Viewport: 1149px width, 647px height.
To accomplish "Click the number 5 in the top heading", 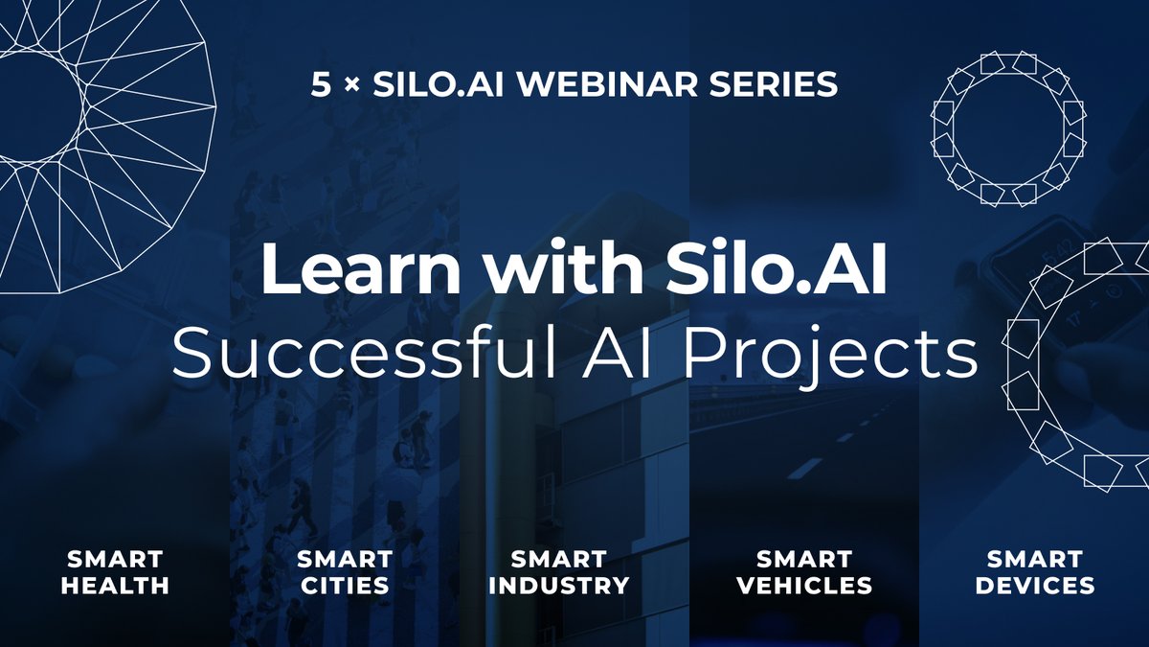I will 320,84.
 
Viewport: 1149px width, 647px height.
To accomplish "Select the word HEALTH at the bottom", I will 115,585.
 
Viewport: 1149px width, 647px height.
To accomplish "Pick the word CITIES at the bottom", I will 344,585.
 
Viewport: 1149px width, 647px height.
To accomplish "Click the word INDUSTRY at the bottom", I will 558,585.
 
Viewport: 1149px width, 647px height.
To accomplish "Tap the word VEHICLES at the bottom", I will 803,585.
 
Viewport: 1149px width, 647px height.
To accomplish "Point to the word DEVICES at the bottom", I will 1034,585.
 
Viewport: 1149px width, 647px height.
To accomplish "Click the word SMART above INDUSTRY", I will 558,558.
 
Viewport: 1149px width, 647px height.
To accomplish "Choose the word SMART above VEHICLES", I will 803,558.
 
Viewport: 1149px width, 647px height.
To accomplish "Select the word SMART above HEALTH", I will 115,558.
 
